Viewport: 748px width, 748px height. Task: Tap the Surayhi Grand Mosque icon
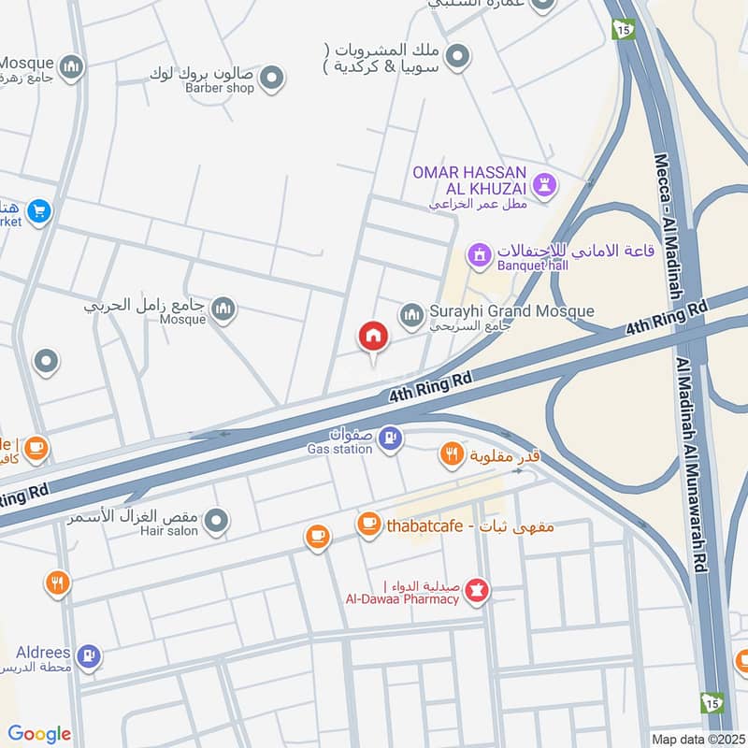coord(412,317)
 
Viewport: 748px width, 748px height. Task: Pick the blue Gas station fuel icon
coord(391,437)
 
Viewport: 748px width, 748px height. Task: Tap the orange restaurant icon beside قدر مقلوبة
coord(452,455)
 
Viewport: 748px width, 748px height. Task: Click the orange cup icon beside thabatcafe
coord(368,525)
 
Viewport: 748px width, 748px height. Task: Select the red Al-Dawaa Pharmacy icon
coord(477,590)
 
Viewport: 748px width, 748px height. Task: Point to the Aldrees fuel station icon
coord(89,656)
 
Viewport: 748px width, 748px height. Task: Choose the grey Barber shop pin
coord(271,79)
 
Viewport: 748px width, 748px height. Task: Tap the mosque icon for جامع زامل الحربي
coord(223,310)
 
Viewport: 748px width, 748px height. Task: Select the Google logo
coord(39,734)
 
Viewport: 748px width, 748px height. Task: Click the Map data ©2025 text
coord(697,739)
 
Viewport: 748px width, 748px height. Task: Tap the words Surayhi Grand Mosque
coord(511,311)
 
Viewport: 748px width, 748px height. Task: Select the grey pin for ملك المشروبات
coord(456,58)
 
